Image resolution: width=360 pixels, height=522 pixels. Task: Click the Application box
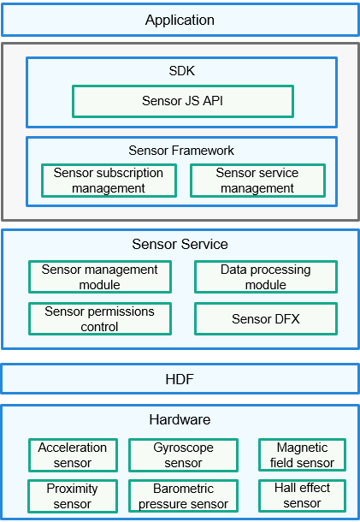[180, 20]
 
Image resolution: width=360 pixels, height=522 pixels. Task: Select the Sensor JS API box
[183, 101]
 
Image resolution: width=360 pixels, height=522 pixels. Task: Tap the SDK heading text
[181, 71]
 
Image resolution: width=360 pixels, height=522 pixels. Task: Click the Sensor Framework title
[181, 151]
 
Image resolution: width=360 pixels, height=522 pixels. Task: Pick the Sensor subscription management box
[109, 181]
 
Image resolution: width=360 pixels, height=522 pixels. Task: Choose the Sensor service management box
[257, 181]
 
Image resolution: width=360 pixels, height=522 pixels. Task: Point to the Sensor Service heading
[180, 244]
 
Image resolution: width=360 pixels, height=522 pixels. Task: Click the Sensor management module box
[100, 277]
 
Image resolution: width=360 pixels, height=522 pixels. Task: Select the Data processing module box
[266, 277]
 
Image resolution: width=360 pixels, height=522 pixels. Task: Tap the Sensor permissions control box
[100, 319]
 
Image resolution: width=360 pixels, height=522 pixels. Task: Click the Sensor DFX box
[266, 319]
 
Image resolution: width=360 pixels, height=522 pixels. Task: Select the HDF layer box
[180, 379]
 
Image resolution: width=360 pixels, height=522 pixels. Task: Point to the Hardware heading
[180, 419]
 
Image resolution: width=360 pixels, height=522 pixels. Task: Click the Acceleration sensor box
[73, 455]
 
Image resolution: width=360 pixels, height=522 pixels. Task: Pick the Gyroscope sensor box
[183, 455]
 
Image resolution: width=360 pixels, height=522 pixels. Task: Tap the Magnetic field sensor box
[302, 454]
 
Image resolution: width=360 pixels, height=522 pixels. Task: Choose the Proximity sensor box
[73, 496]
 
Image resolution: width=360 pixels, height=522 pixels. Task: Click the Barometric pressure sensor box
[183, 496]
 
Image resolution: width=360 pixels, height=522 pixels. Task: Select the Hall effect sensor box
[302, 495]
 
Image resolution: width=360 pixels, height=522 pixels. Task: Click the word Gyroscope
[183, 448]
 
